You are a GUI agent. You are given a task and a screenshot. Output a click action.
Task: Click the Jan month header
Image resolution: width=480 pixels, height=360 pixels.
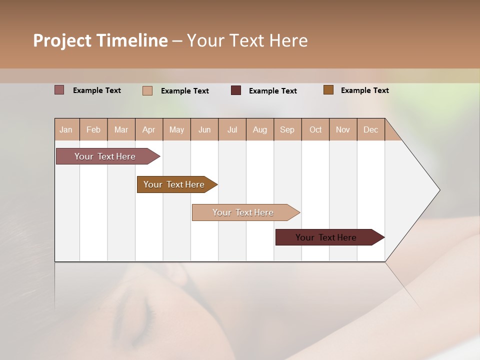click(x=66, y=129)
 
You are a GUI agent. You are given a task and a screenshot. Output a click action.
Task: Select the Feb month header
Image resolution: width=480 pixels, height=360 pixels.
click(x=93, y=129)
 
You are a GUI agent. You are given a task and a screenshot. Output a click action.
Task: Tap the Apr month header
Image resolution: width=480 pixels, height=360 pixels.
click(x=149, y=129)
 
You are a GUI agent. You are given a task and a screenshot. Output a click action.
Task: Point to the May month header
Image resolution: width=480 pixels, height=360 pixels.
click(x=176, y=129)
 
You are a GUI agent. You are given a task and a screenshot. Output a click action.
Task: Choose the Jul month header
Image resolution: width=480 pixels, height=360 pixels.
click(x=232, y=129)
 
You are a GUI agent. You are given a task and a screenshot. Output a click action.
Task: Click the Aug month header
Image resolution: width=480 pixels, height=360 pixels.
click(x=260, y=129)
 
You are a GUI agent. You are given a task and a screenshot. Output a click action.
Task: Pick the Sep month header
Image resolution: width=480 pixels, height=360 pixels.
click(x=287, y=129)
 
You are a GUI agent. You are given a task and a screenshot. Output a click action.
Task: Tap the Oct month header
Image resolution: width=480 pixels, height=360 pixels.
click(x=315, y=129)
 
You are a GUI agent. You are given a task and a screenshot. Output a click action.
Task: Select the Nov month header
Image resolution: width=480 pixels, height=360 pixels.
click(x=343, y=129)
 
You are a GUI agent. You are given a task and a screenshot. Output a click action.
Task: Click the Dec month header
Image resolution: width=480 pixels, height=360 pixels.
click(x=371, y=129)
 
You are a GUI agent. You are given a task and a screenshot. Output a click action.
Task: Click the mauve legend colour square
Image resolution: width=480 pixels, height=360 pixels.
click(x=59, y=90)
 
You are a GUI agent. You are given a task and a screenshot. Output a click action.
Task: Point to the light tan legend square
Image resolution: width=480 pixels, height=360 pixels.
click(x=147, y=90)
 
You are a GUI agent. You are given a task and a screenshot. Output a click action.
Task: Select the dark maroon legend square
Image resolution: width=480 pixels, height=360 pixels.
click(x=236, y=90)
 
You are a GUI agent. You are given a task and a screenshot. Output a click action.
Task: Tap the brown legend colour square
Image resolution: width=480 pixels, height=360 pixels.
click(x=328, y=90)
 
